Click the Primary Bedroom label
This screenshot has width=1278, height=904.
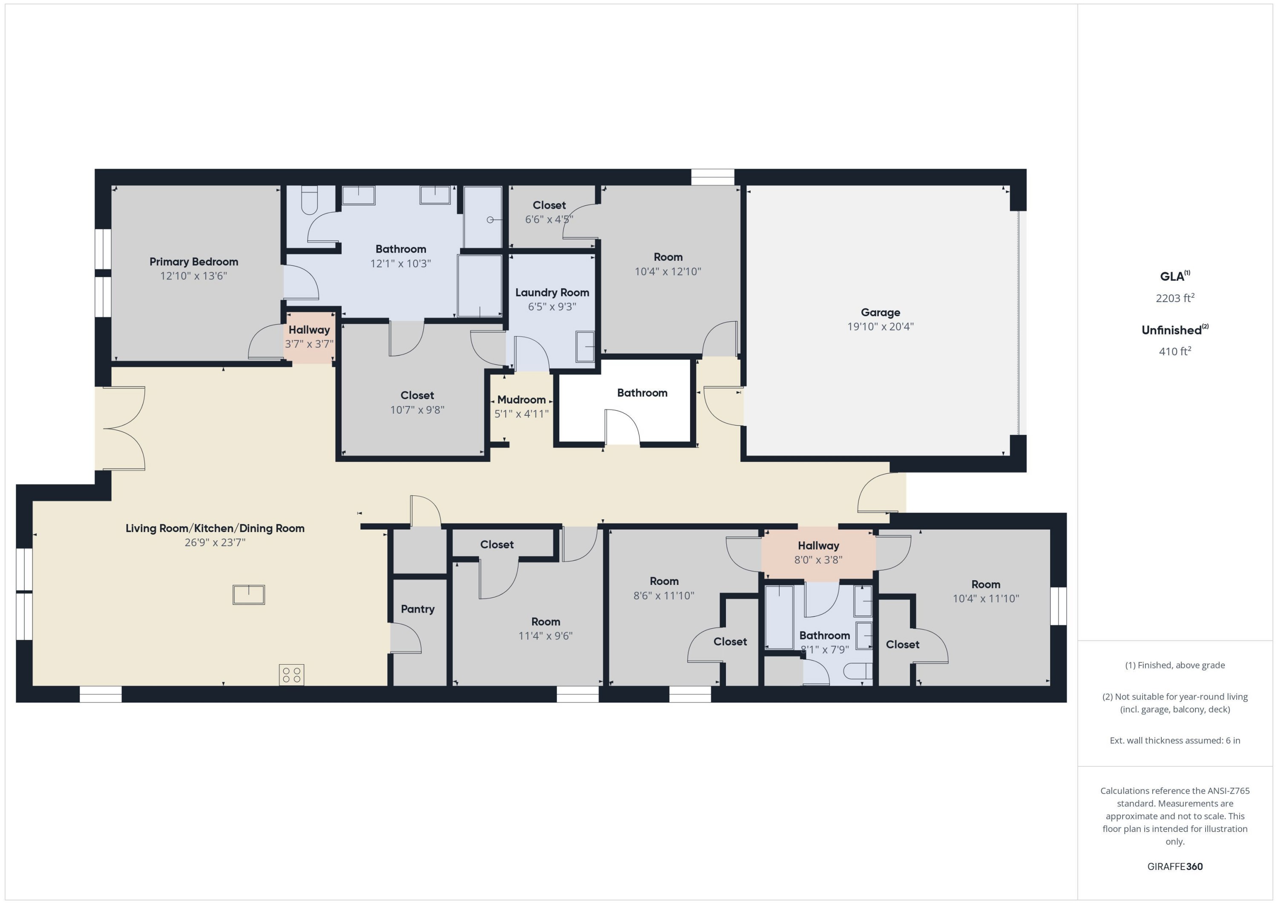(194, 262)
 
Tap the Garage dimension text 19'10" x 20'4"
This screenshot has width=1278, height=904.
(880, 327)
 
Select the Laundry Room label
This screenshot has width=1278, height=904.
(552, 292)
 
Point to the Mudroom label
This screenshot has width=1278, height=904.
(521, 400)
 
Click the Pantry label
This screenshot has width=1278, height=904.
(417, 609)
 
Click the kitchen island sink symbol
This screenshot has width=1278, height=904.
(248, 595)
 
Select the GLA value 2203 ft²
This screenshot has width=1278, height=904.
(1174, 298)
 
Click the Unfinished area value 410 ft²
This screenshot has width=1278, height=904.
(1174, 351)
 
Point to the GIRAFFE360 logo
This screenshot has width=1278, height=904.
(1174, 867)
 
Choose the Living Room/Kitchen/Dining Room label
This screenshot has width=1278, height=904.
(215, 528)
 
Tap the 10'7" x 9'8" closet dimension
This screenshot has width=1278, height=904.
(417, 410)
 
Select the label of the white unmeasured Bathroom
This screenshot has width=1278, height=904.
(642, 393)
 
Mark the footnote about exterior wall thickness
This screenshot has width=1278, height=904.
(1174, 740)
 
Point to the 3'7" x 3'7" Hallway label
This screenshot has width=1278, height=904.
(309, 330)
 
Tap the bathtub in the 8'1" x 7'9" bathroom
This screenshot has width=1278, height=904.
(779, 617)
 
